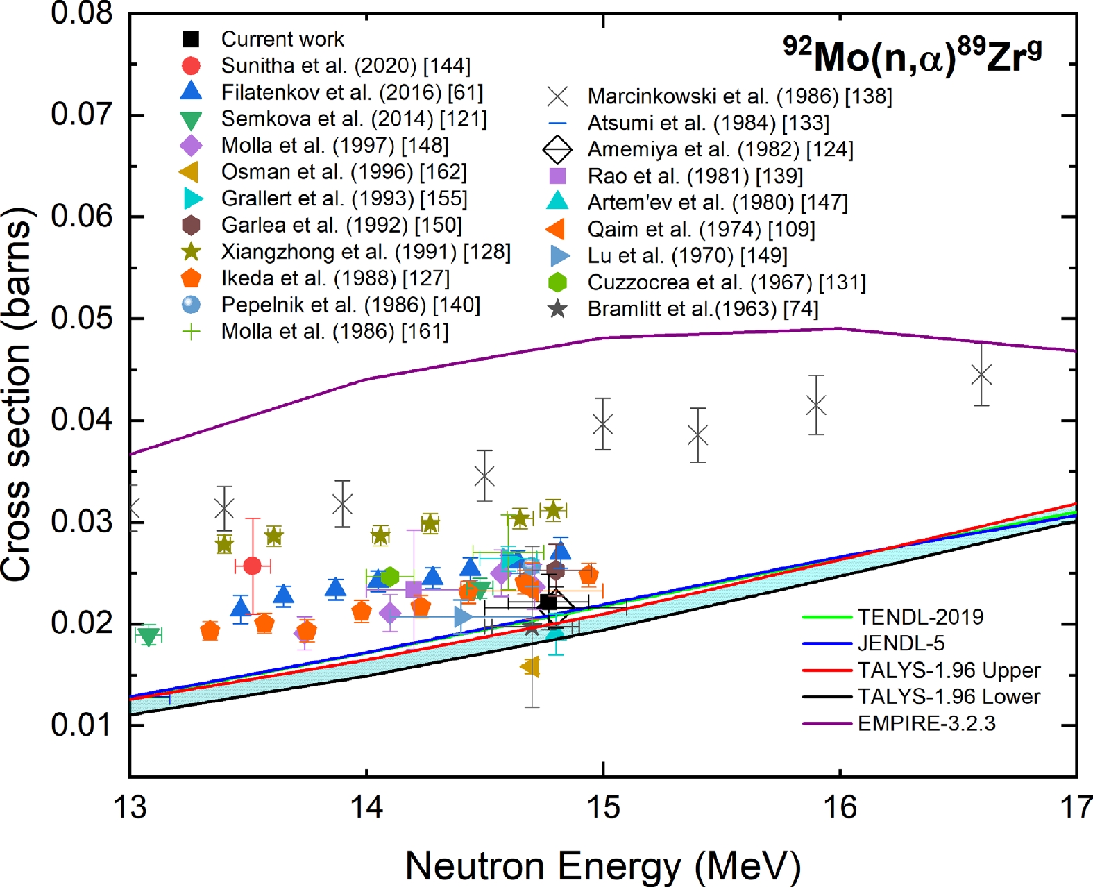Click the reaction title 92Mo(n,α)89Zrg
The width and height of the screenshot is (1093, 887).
[912, 56]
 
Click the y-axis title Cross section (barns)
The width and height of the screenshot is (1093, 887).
[18, 394]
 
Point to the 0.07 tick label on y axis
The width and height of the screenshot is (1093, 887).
[82, 115]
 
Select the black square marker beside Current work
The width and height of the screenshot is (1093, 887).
[191, 39]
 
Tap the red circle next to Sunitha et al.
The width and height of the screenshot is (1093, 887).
[191, 66]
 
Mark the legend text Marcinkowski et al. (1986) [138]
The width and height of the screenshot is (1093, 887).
[739, 96]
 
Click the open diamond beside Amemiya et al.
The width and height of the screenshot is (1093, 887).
[557, 149]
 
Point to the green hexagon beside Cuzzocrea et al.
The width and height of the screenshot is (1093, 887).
[557, 282]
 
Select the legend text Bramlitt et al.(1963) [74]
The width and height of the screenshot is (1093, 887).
[702, 309]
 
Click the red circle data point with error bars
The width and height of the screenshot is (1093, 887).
[253, 566]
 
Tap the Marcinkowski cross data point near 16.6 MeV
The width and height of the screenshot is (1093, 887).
[981, 375]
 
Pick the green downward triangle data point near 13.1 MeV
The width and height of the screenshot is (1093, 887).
[149, 635]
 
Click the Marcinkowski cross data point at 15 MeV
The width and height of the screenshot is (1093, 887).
[603, 424]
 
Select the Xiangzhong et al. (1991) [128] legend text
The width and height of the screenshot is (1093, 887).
[365, 251]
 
